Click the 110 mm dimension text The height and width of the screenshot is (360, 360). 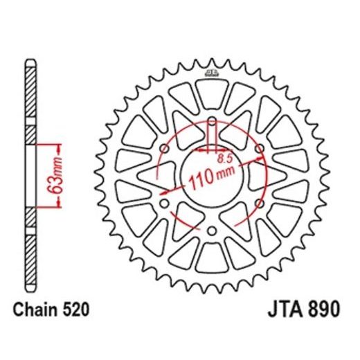[211, 180]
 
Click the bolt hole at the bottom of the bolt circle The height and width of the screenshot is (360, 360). [212, 231]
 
